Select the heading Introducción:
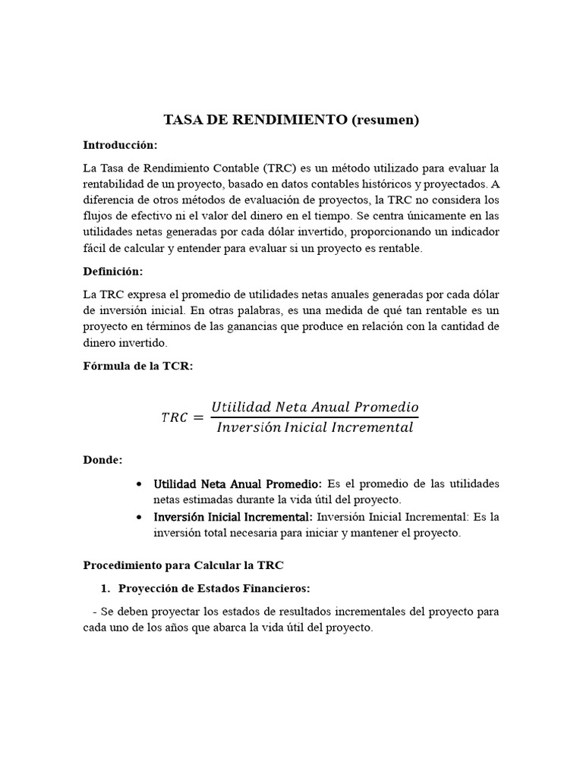pos(120,144)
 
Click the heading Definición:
pos(113,271)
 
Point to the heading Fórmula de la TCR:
pos(138,366)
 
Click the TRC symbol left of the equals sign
pos(175,417)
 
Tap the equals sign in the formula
pos(199,417)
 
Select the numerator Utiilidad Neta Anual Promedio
pos(314,407)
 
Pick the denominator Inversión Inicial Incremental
pos(314,427)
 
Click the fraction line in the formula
pos(314,417)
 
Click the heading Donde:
pos(102,460)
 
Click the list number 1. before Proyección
pos(106,589)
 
